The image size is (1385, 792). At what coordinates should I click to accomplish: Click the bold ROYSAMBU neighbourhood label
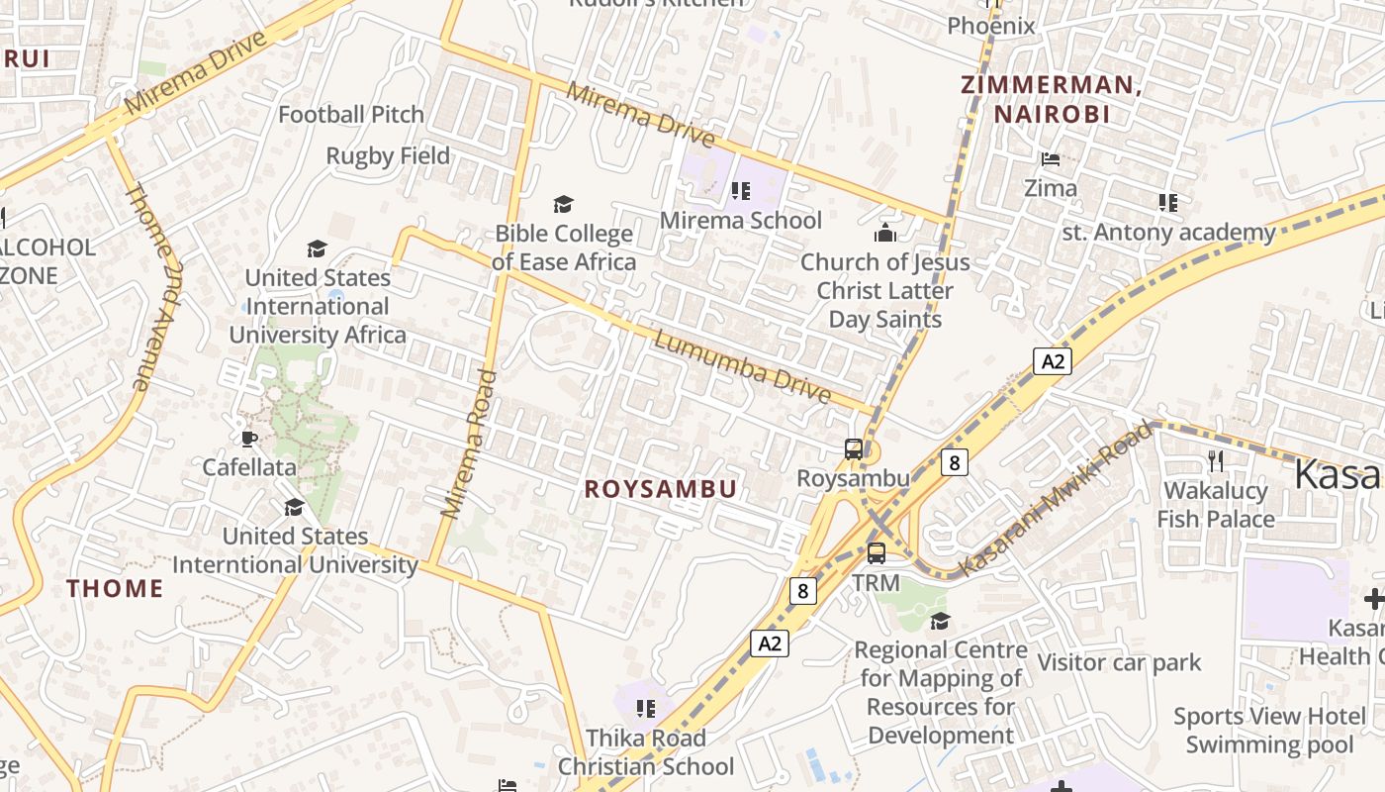pos(660,489)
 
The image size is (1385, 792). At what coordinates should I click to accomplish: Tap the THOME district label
pos(115,588)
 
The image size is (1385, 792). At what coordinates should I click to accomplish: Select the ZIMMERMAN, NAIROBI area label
pos(1051,99)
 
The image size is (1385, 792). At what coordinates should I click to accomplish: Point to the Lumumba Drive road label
pos(742,366)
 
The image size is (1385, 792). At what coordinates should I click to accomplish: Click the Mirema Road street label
pos(468,444)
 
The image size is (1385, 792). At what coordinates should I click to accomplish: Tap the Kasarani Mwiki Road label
pos(1057,498)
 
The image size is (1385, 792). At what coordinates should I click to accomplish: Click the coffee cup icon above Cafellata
pos(248,438)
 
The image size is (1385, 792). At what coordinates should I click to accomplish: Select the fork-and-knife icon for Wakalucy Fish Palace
pos(1216,460)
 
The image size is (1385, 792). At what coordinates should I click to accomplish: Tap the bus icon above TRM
pos(877,553)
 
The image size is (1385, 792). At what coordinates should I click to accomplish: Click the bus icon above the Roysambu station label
pos(853,449)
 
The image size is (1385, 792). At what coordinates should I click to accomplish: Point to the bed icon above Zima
pos(1051,158)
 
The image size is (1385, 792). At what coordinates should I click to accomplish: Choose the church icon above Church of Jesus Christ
pos(884,233)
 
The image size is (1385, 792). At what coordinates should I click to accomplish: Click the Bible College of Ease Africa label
pos(564,247)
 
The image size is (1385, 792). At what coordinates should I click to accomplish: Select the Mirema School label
pos(741,220)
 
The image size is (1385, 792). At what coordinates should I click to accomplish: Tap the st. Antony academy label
pos(1168,233)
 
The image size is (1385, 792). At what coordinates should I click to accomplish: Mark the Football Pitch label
pos(351,115)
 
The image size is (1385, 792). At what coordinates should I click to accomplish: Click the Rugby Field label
pos(388,156)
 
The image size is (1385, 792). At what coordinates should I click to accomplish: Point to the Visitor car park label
pos(1119,662)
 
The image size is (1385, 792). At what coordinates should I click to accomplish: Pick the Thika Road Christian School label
pos(646,752)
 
